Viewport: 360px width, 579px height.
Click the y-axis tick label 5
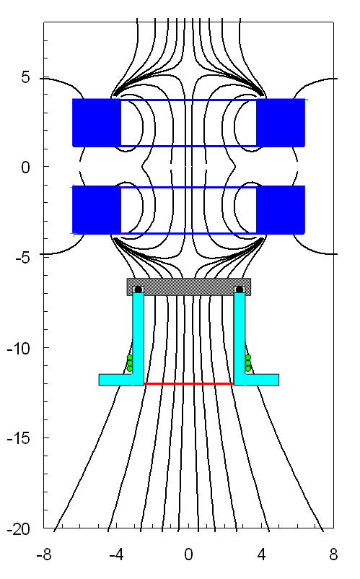click(25, 77)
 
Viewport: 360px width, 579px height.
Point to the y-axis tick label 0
click(25, 167)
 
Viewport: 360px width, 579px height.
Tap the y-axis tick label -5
click(22, 258)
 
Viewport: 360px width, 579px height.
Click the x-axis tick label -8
click(44, 554)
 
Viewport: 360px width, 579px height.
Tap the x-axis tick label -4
click(117, 554)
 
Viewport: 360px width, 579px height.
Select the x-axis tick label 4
click(261, 554)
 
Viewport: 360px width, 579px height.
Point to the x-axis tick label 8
click(333, 554)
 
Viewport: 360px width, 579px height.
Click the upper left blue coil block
click(97, 123)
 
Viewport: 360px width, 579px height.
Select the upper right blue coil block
click(281, 123)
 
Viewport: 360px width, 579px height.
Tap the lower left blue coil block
click(97, 210)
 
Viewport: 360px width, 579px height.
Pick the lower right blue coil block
click(281, 210)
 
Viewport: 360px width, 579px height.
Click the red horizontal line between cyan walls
click(189, 383)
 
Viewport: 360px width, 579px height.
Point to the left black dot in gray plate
click(138, 289)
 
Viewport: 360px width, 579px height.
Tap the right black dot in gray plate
click(240, 289)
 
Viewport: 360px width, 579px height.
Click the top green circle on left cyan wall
click(130, 357)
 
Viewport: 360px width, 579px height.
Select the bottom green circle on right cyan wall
click(248, 368)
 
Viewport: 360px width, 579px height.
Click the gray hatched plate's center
click(189, 287)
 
